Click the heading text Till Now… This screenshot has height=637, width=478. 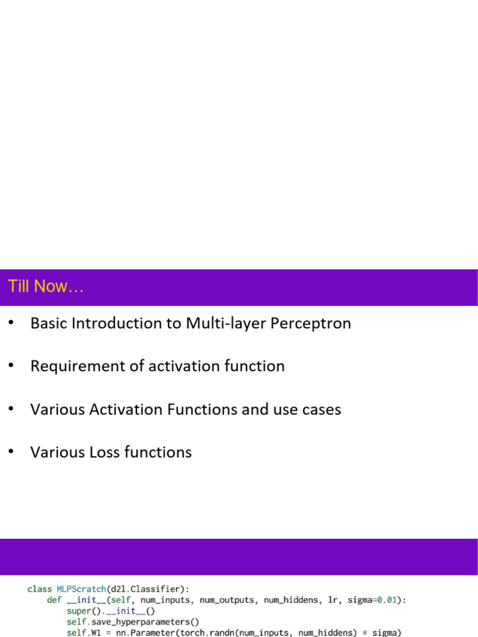46,287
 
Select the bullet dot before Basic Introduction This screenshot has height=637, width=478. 11,323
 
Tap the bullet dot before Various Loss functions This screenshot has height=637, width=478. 11,452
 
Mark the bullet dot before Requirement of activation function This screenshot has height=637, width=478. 11,366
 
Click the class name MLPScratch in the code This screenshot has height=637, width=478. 82,588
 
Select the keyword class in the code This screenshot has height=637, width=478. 40,588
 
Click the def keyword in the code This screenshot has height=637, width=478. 54,600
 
